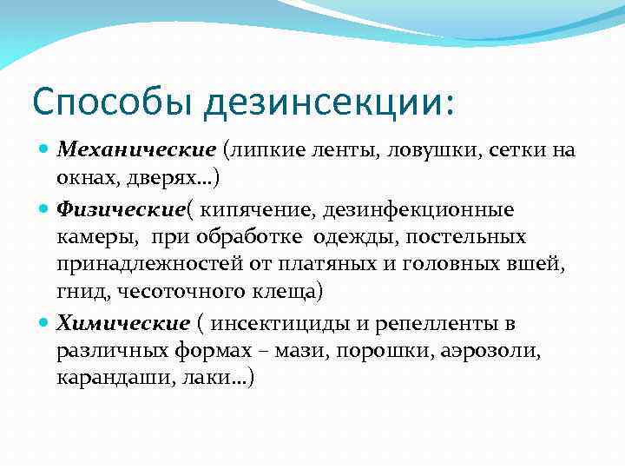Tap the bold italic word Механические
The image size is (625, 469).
point(135,150)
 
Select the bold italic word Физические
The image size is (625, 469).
point(121,209)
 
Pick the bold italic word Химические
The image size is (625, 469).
point(122,324)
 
